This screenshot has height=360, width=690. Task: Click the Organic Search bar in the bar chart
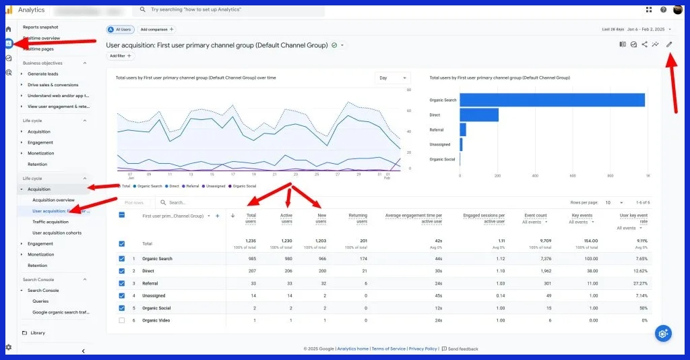[x=552, y=100]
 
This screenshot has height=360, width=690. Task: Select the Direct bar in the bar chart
[x=479, y=115]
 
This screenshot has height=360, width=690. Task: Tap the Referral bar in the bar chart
[x=463, y=129]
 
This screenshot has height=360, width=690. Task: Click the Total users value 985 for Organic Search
[x=251, y=259]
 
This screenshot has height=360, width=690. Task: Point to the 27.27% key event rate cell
[x=638, y=283]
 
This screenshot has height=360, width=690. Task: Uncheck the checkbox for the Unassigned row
[x=121, y=295]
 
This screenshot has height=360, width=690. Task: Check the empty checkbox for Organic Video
[x=121, y=320]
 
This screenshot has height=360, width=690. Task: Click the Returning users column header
[x=358, y=218]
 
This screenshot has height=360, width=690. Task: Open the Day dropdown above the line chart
[x=392, y=78]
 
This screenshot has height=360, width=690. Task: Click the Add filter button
[x=120, y=56]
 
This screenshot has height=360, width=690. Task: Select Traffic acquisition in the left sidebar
[x=51, y=222]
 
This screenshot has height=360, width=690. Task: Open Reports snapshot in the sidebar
[x=40, y=27]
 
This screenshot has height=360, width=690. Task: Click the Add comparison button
[x=156, y=30]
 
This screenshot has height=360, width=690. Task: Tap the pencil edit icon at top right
[x=669, y=44]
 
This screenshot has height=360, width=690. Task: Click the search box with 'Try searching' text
[x=229, y=9]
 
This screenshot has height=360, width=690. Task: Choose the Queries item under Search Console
[x=40, y=301]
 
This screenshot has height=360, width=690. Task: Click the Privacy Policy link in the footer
[x=422, y=349]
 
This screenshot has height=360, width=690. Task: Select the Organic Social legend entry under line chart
[x=242, y=186]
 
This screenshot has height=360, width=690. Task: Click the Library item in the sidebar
[x=37, y=333]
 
